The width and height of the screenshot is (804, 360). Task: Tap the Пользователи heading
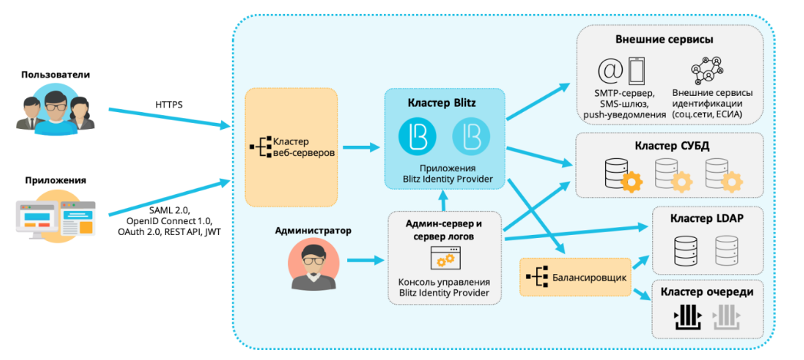[x=56, y=75]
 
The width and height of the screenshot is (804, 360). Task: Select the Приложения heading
[x=55, y=180]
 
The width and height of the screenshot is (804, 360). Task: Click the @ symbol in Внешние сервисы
[x=611, y=71]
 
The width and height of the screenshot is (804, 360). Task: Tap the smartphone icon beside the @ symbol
[x=636, y=71]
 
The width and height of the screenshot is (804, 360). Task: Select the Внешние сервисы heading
[x=664, y=39]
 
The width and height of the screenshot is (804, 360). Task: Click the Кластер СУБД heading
[x=672, y=146]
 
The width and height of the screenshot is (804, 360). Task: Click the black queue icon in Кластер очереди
[x=688, y=316]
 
